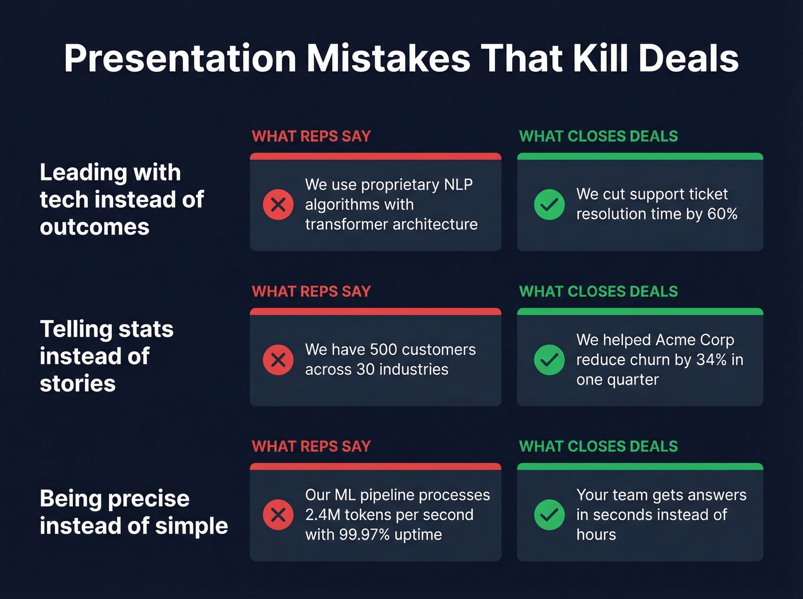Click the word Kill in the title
(600, 58)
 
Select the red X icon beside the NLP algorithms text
(278, 205)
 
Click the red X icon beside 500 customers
(278, 360)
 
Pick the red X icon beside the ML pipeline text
(278, 515)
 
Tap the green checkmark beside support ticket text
(549, 205)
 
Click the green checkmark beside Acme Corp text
(549, 360)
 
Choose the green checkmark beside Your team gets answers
(549, 515)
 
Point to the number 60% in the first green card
(722, 214)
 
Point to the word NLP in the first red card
(458, 185)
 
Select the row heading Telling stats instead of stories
(107, 356)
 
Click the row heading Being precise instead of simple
(134, 512)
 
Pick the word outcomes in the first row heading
(95, 227)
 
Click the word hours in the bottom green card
(596, 535)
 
